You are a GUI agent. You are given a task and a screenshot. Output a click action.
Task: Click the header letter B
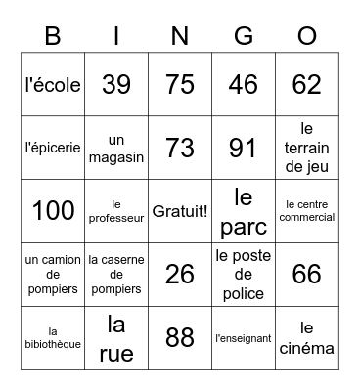(53, 36)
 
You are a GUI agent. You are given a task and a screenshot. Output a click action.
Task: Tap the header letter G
(244, 36)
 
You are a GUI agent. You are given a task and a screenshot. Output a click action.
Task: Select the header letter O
(307, 36)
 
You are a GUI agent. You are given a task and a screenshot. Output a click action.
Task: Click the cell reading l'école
(53, 84)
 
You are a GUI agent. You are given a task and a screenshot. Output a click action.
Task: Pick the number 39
(116, 84)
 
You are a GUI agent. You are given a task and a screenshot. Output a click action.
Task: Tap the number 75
(180, 84)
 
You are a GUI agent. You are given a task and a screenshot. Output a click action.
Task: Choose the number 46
(244, 84)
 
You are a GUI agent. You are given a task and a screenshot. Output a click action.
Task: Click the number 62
(307, 84)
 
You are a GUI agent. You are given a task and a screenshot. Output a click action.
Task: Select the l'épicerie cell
(53, 148)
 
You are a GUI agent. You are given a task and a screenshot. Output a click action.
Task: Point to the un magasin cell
(116, 148)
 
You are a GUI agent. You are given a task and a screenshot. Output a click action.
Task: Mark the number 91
(244, 148)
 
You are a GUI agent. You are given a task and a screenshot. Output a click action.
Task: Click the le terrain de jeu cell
(307, 148)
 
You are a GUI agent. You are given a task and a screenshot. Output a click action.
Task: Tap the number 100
(53, 211)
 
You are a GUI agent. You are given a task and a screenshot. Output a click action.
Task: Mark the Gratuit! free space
(180, 211)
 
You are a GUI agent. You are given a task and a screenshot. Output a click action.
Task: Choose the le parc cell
(244, 211)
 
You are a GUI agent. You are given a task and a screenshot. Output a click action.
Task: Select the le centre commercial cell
(307, 211)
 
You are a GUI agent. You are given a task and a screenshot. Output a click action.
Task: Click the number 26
(180, 275)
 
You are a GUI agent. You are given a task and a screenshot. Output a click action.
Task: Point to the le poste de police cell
(244, 275)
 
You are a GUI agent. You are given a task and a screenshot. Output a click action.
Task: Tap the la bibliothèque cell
(53, 338)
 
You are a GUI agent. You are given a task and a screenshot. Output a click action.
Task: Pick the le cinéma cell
(307, 338)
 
